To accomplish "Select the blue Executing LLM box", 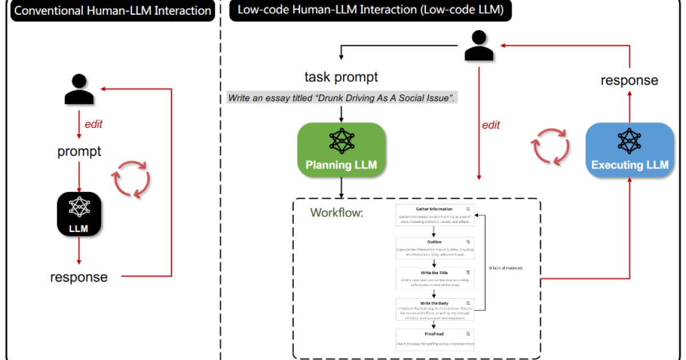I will click(629, 149).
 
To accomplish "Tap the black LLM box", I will click(79, 214).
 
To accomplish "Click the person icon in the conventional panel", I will click(79, 90).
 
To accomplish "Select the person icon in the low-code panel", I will click(478, 46).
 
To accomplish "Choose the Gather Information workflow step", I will click(434, 215).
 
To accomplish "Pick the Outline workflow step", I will click(434, 247).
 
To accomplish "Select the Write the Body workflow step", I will click(434, 310).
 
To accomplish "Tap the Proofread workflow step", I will click(434, 339).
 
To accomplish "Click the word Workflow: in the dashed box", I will click(337, 213).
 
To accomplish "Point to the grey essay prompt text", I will click(341, 98).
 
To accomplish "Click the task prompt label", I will click(341, 77).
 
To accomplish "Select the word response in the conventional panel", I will click(79, 278).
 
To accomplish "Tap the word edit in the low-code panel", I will click(490, 125).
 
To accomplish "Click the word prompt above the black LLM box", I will click(79, 151).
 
